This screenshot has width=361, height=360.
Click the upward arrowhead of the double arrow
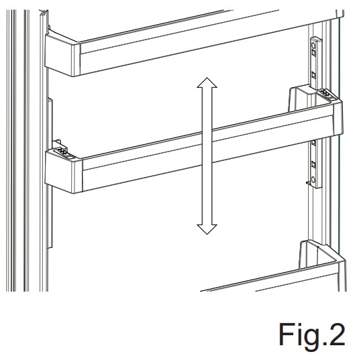pos(207,83)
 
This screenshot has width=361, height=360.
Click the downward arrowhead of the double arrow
pos(207,229)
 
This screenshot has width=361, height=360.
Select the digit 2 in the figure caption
pos(338,334)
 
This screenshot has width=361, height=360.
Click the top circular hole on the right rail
pos(313,46)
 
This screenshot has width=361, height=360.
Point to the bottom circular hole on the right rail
pos(313,179)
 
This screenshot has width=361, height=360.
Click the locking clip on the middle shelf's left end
pos(62,151)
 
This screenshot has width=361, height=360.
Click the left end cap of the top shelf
pos(62,55)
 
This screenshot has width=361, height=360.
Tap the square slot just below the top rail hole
pos(313,54)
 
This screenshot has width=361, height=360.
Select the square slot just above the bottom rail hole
pos(313,164)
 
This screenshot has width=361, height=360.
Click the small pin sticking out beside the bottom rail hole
pos(308,183)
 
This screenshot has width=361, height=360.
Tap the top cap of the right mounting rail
pos(316,40)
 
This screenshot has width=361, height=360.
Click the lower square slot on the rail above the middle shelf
pos(313,75)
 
